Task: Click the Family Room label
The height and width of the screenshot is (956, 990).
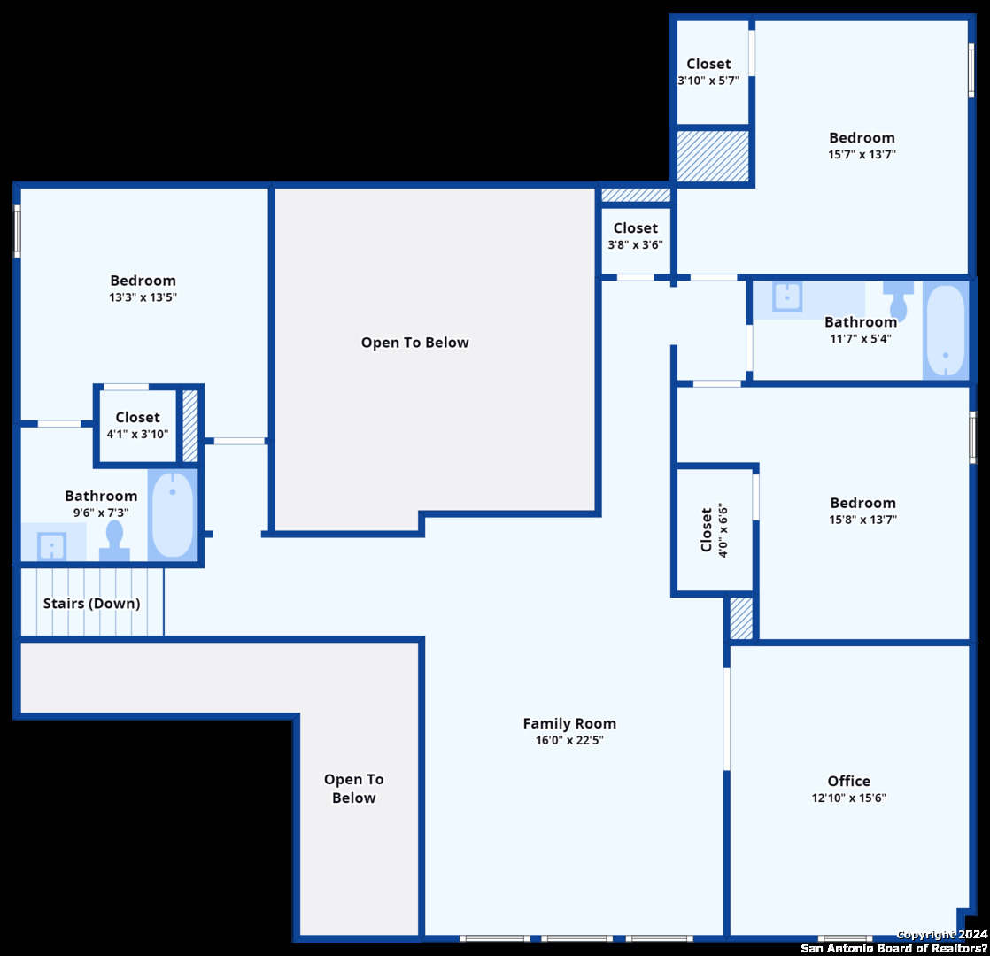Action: click(568, 723)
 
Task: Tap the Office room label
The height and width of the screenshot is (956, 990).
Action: click(848, 782)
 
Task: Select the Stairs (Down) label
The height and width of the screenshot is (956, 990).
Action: click(91, 604)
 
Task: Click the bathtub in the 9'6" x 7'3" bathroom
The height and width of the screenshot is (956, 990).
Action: click(173, 514)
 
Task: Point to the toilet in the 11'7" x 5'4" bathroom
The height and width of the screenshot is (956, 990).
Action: click(898, 300)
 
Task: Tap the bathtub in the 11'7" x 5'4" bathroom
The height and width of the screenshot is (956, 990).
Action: click(945, 331)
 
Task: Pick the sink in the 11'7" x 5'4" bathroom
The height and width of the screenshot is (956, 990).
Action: click(786, 296)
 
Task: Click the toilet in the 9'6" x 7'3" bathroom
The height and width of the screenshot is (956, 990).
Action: click(114, 541)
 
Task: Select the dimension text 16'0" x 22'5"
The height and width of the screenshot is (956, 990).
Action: click(569, 740)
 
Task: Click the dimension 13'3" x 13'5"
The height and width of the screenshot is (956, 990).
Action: click(143, 297)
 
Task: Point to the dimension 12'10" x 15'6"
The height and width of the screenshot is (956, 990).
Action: click(848, 798)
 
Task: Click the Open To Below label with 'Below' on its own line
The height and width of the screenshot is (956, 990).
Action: click(353, 788)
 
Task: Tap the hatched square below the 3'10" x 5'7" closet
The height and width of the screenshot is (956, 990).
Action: click(713, 156)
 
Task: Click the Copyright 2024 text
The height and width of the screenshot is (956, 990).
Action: click(942, 935)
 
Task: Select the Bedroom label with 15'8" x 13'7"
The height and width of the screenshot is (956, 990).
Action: click(862, 503)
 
